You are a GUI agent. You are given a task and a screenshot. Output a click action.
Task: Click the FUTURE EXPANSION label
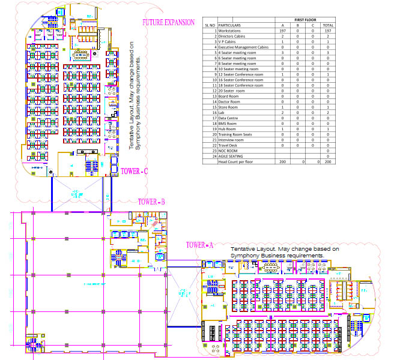pyautogui.click(x=168, y=23)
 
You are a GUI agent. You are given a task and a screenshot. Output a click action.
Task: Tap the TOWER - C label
pyautogui.click(x=134, y=171)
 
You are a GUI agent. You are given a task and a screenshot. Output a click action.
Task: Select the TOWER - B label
pyautogui.click(x=151, y=202)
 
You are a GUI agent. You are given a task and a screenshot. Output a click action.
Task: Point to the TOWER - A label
pyautogui.click(x=199, y=245)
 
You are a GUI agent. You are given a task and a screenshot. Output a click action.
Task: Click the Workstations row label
pyautogui.click(x=231, y=31)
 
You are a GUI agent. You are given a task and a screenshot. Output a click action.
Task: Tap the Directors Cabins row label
pyautogui.click(x=232, y=36)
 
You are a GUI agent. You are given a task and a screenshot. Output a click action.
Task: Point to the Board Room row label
pyautogui.click(x=229, y=95)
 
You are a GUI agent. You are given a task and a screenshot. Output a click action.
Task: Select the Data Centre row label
pyautogui.click(x=229, y=118)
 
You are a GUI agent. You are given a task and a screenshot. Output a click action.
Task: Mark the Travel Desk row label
pyautogui.click(x=229, y=145)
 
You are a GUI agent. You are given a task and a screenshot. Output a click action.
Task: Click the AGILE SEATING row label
pyautogui.click(x=231, y=156)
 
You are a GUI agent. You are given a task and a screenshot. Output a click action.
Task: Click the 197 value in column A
pyautogui.click(x=283, y=31)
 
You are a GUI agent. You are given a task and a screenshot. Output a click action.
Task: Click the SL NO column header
pyautogui.click(x=210, y=25)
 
